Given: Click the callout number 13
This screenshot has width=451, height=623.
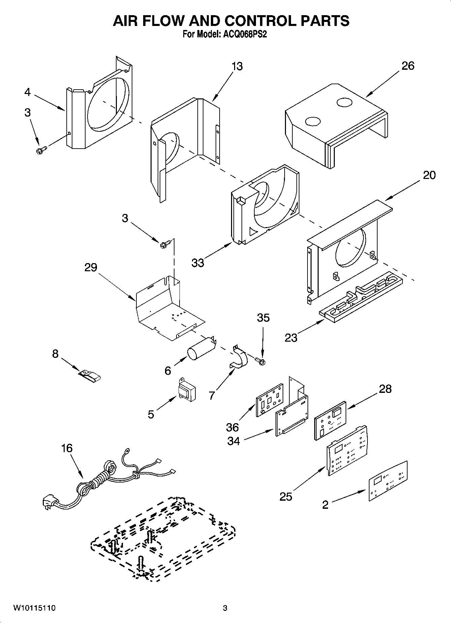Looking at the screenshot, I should point(237,66).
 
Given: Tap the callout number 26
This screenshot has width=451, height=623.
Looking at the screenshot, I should point(408,66).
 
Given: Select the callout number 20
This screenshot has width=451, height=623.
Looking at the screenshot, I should point(429,175).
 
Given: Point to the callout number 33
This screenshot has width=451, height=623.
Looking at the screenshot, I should point(198,262).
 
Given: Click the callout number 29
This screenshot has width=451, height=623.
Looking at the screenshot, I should point(91,268).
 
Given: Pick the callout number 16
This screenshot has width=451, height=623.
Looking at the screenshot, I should point(67,448).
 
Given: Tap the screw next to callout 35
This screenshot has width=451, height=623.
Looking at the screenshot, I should point(260,361).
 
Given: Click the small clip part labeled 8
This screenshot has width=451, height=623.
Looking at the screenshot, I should point(90,376).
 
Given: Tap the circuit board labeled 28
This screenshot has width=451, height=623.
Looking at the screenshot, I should point(330,420).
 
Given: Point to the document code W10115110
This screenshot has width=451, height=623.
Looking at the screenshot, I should point(34,608).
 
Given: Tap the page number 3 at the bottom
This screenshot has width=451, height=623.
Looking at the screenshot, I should point(225,608).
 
